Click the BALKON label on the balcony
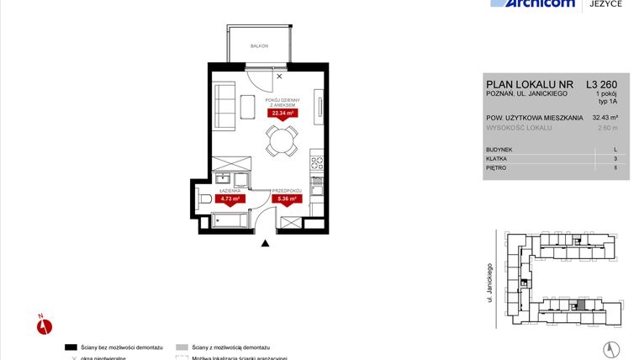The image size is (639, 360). pos(259,45)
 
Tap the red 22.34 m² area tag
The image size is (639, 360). pos(281,113)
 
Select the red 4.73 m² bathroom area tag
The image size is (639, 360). pos(230,199)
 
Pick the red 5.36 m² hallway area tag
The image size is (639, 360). pos(288,199)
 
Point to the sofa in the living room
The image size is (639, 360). pos(224,103)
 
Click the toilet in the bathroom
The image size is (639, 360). pos(206,199)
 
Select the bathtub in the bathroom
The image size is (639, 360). pos(230,221)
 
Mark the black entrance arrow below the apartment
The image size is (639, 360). pos(266,243)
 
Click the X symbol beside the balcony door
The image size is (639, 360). pos(279,76)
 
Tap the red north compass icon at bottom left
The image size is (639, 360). pos(45,325)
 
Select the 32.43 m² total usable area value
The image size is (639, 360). pos(605,118)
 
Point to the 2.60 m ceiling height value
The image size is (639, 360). pos(607,128)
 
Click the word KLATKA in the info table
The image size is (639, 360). pos(498,158)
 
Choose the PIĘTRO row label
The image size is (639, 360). pos(498,167)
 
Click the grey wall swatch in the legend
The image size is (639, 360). pos(183,347)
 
